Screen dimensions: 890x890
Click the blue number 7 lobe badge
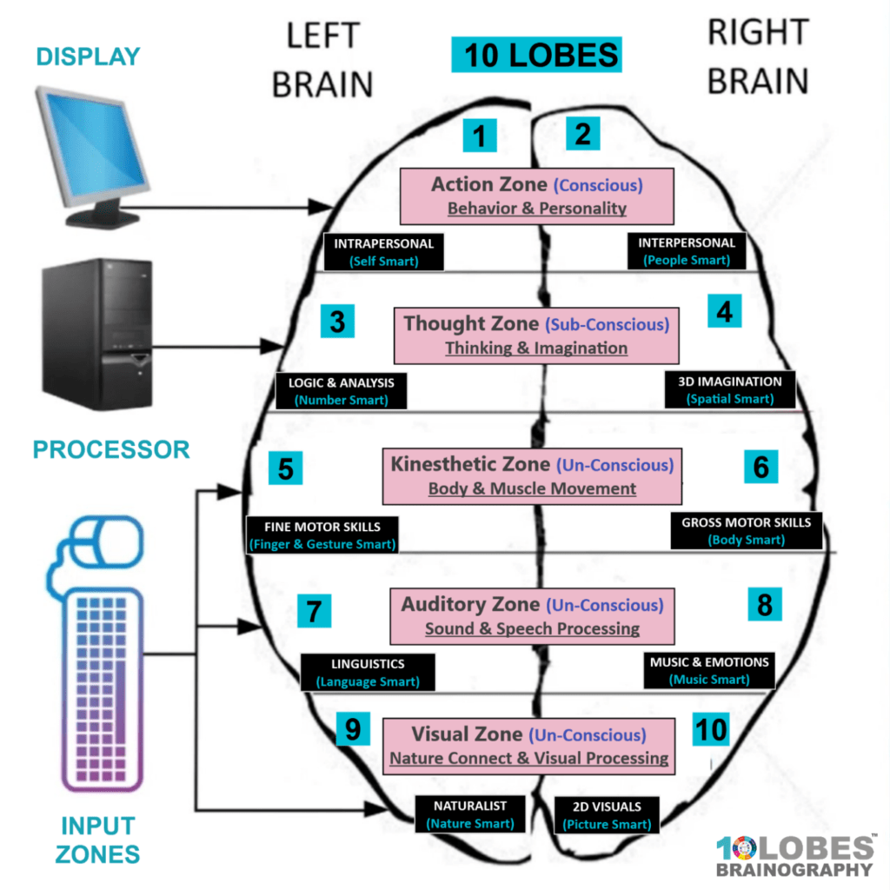point(314,611)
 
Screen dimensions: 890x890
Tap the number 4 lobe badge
point(724,311)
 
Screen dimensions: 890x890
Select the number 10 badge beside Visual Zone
point(711,729)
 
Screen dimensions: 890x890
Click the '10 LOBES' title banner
point(536,55)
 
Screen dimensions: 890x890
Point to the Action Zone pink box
point(537,196)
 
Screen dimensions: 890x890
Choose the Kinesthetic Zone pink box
point(533,476)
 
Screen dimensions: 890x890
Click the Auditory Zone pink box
point(533,616)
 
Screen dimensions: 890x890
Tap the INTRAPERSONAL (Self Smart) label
point(383,252)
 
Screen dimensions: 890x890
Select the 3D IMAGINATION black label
point(730,390)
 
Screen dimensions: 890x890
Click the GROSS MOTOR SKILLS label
point(747,531)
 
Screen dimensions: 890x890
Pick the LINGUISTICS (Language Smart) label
point(368,673)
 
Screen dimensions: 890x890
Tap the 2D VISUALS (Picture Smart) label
point(607,815)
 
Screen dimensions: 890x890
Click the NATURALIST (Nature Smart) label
point(470,814)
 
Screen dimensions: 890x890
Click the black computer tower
point(97,335)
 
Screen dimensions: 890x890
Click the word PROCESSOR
point(111,449)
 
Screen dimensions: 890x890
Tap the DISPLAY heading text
point(88,56)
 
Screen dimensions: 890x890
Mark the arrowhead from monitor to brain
point(320,207)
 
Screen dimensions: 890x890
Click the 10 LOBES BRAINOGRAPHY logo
point(795,856)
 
